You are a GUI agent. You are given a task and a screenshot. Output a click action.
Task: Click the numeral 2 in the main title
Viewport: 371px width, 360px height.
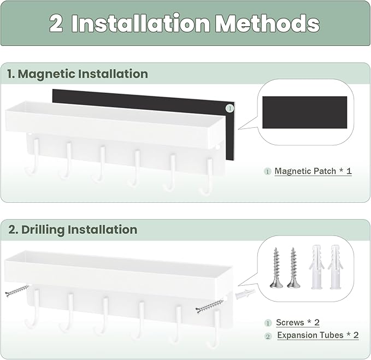(x=56, y=23)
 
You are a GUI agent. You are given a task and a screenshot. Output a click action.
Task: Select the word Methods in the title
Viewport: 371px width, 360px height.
(x=268, y=23)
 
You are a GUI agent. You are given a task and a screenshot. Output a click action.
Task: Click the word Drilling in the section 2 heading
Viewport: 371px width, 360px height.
(x=43, y=229)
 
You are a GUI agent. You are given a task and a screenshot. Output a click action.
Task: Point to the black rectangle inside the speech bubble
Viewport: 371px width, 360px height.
(x=305, y=113)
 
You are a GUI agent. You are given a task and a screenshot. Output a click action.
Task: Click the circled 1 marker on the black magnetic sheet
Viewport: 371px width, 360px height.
(x=229, y=109)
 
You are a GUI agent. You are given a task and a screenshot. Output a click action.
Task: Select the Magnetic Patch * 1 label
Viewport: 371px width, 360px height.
(x=313, y=171)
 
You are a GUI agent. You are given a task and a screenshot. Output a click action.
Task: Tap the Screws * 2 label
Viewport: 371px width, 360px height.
(x=298, y=322)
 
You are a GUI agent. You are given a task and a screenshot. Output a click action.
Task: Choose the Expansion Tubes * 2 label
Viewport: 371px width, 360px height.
(x=318, y=335)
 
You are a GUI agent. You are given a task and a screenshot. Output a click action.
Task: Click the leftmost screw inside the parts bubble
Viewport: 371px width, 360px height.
(x=276, y=268)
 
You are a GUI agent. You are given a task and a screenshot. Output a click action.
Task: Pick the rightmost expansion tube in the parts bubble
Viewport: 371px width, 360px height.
(x=335, y=267)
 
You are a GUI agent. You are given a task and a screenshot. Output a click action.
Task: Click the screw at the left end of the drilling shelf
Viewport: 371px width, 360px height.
(x=16, y=291)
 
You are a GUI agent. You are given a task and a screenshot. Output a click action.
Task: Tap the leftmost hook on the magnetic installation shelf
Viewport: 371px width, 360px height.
(x=32, y=157)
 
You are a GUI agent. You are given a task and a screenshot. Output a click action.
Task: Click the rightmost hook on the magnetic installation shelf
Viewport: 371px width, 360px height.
(x=207, y=176)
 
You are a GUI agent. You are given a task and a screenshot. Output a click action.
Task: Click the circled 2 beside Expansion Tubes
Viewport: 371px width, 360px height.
(x=268, y=337)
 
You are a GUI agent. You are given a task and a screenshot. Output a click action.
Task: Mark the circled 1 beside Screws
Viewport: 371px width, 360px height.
(x=268, y=323)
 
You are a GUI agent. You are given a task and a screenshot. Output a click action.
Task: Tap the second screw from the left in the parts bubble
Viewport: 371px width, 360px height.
(x=293, y=268)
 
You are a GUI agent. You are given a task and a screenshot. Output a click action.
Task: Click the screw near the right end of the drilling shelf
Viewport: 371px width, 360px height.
(x=210, y=306)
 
